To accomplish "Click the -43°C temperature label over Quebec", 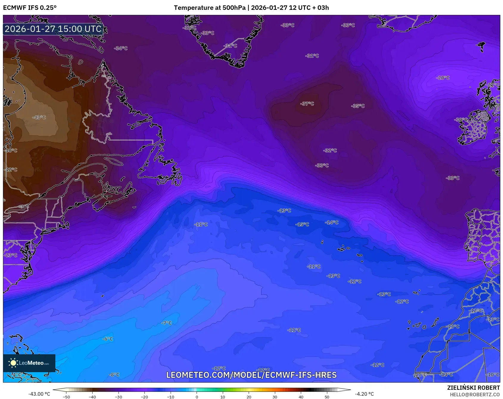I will coord(39,117).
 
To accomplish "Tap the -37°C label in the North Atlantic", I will coord(307,103).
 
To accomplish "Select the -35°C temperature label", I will coord(358,106).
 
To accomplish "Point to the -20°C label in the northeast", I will coord(443,78).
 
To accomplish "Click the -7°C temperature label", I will coord(166,323).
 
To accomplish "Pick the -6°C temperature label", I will coord(108,339).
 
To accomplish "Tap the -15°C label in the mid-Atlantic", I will coord(302,224).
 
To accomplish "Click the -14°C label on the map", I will coord(332,222).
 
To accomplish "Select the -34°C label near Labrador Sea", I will coord(121,48).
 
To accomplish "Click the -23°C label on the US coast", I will coord(11,255).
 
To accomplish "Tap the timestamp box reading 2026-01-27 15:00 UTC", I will coord(53,29).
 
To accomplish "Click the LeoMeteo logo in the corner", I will coord(29,363).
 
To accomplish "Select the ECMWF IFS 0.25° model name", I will coord(30,8).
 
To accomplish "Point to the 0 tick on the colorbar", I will coord(197,397).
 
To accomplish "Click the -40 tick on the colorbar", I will coord(92,397).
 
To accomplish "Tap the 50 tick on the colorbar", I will coord(327,397).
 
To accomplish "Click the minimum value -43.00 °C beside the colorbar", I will coord(39,394).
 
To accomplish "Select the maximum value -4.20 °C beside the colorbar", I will coord(364,394).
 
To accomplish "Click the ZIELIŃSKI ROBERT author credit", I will coord(473,388).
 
